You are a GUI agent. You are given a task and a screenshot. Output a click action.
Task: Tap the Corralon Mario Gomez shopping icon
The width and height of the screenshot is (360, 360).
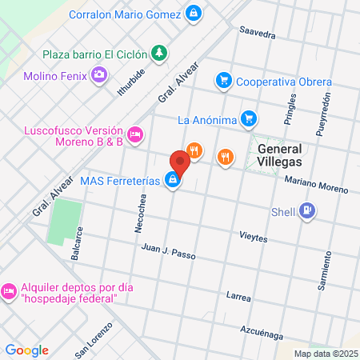click(193, 14)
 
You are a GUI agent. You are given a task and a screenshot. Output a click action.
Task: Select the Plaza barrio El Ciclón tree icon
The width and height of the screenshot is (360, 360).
click(160, 54)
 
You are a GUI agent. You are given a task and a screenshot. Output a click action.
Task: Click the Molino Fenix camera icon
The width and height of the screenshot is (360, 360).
click(99, 75)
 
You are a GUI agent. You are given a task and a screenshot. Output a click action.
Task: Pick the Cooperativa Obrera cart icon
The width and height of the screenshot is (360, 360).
click(223, 81)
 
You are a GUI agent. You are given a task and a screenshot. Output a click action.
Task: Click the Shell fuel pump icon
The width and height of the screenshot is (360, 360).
click(308, 211)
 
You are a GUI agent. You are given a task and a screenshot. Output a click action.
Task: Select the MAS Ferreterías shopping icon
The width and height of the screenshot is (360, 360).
click(172, 181)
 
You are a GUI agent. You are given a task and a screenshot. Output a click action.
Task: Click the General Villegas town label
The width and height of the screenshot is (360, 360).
click(279, 154)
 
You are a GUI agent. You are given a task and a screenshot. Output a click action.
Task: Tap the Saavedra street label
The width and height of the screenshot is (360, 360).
click(258, 34)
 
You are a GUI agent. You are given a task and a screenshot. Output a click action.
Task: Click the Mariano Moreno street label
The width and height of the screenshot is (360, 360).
click(317, 185)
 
